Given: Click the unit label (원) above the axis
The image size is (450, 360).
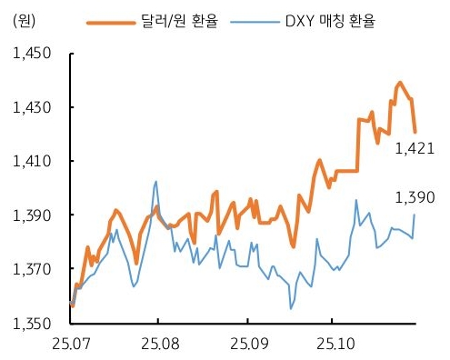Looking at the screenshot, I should [x=26, y=19].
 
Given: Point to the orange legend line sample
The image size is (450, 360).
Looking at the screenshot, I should [x=109, y=19].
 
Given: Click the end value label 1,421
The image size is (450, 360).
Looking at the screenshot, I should [x=415, y=149].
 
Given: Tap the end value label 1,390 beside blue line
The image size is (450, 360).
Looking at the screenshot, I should [x=415, y=196].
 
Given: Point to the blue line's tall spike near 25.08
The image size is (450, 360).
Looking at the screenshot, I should [x=155, y=182].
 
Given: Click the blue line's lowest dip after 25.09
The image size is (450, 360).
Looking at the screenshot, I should [x=291, y=309].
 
